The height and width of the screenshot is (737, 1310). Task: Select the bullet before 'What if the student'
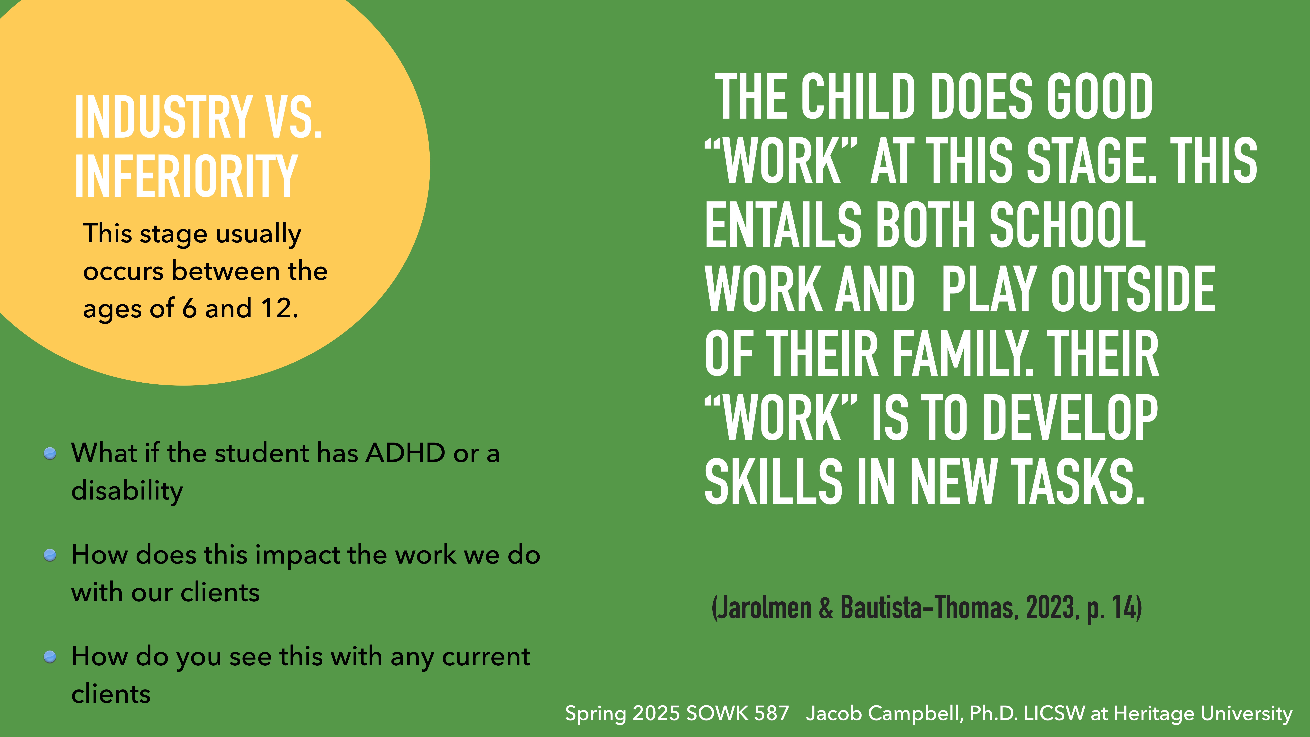pyautogui.click(x=50, y=453)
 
